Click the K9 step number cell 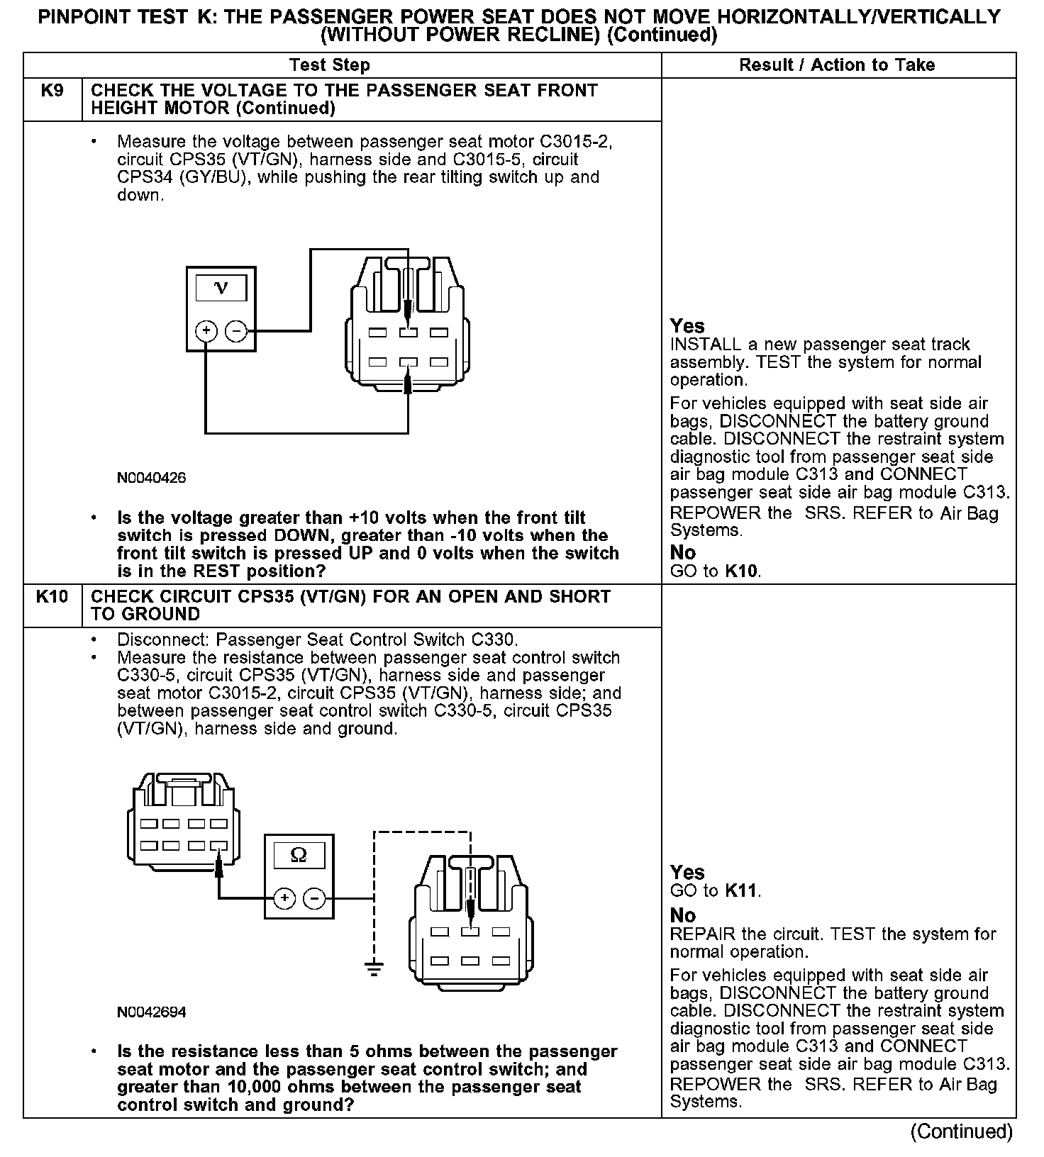click(52, 91)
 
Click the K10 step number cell click(52, 597)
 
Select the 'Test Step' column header click(330, 65)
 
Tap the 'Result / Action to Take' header click(837, 65)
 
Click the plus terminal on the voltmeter click(206, 330)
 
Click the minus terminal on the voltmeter click(235, 330)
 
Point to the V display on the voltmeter click(221, 288)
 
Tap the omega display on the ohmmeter click(299, 855)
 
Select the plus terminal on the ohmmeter click(284, 898)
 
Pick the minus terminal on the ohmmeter click(314, 898)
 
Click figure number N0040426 click(151, 478)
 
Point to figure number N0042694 click(151, 1012)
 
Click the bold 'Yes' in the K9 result click(687, 326)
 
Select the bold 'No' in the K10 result click(683, 915)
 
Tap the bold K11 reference click(742, 891)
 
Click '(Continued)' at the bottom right click(961, 1131)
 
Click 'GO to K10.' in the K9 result click(715, 571)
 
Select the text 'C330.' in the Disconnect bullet click(496, 639)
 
